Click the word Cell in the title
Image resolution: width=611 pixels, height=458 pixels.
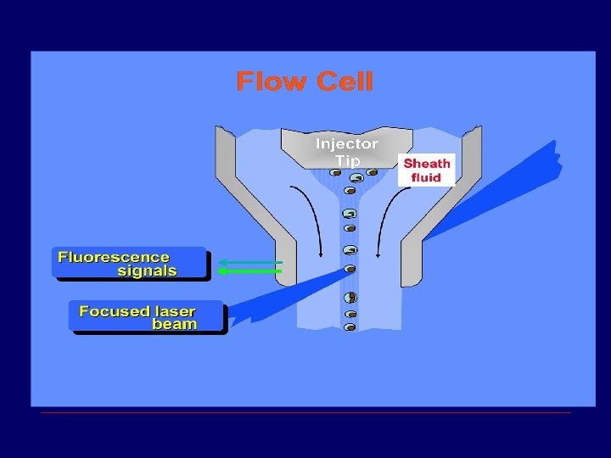tap(344, 81)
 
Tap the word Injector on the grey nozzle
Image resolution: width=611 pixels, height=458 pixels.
tap(347, 143)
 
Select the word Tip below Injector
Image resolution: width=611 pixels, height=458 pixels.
tap(347, 160)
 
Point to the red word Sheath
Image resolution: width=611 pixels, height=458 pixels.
tap(427, 163)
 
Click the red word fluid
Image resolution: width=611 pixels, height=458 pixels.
tap(427, 177)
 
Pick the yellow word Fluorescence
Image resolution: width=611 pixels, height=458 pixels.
tap(114, 257)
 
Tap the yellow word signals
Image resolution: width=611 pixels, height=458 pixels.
tap(147, 271)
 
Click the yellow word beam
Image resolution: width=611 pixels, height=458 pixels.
tap(174, 324)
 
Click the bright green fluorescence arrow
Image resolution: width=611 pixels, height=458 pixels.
tap(249, 271)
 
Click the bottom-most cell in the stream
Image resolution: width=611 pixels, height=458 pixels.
tap(350, 327)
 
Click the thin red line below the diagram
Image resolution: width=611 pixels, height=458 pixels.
tap(305, 413)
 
